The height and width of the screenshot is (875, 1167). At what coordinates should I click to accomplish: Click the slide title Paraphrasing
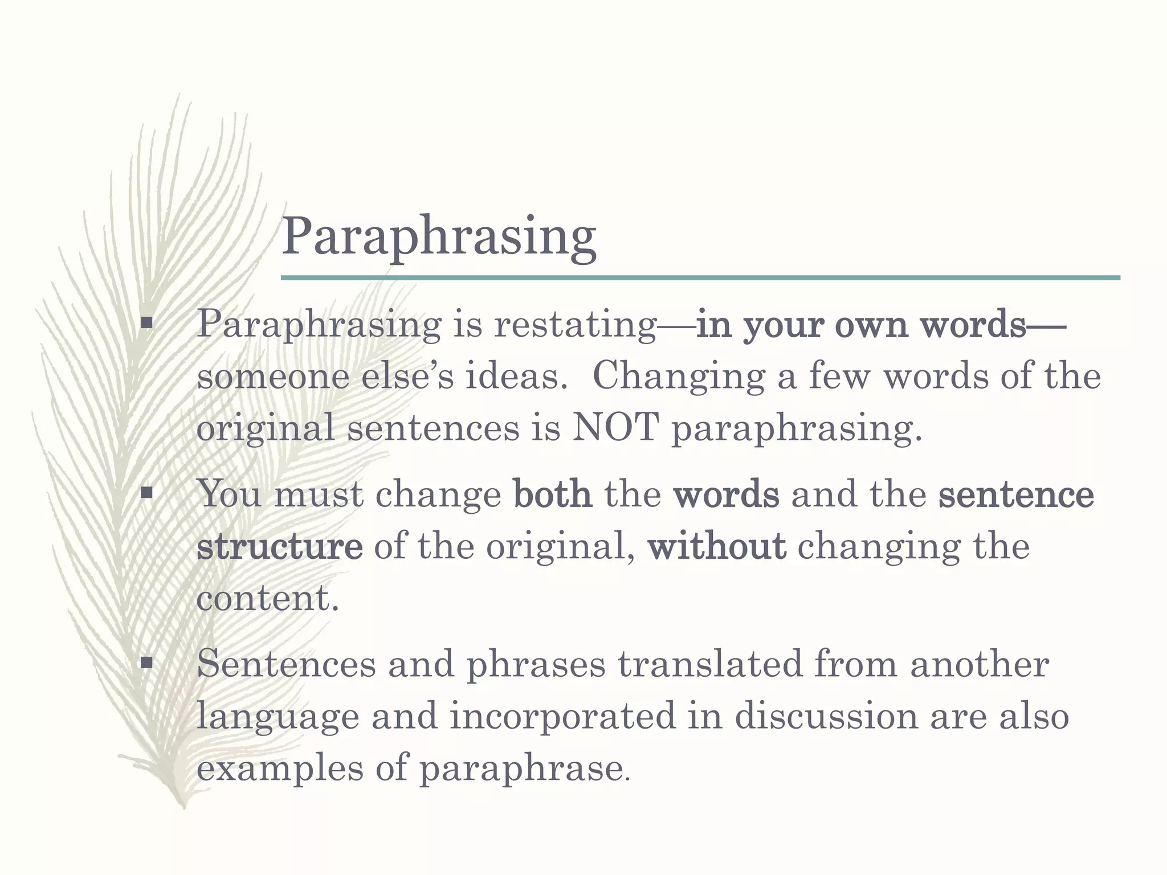(x=439, y=237)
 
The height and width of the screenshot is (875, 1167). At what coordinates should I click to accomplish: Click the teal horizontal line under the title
(x=700, y=278)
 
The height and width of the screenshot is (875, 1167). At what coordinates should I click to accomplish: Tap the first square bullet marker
(x=147, y=324)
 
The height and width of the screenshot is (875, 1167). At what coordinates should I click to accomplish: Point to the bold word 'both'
(x=552, y=494)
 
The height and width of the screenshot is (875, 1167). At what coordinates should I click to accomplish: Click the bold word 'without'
(x=717, y=546)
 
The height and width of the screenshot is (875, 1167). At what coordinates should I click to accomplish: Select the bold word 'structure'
(x=279, y=546)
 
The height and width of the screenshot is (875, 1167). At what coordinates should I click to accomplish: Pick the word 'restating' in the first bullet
(x=576, y=325)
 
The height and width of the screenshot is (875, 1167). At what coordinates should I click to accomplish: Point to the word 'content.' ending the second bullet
(x=268, y=599)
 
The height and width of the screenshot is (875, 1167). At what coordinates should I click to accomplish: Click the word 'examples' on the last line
(x=279, y=768)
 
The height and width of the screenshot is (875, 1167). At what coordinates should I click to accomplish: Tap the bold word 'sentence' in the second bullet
(x=1016, y=494)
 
